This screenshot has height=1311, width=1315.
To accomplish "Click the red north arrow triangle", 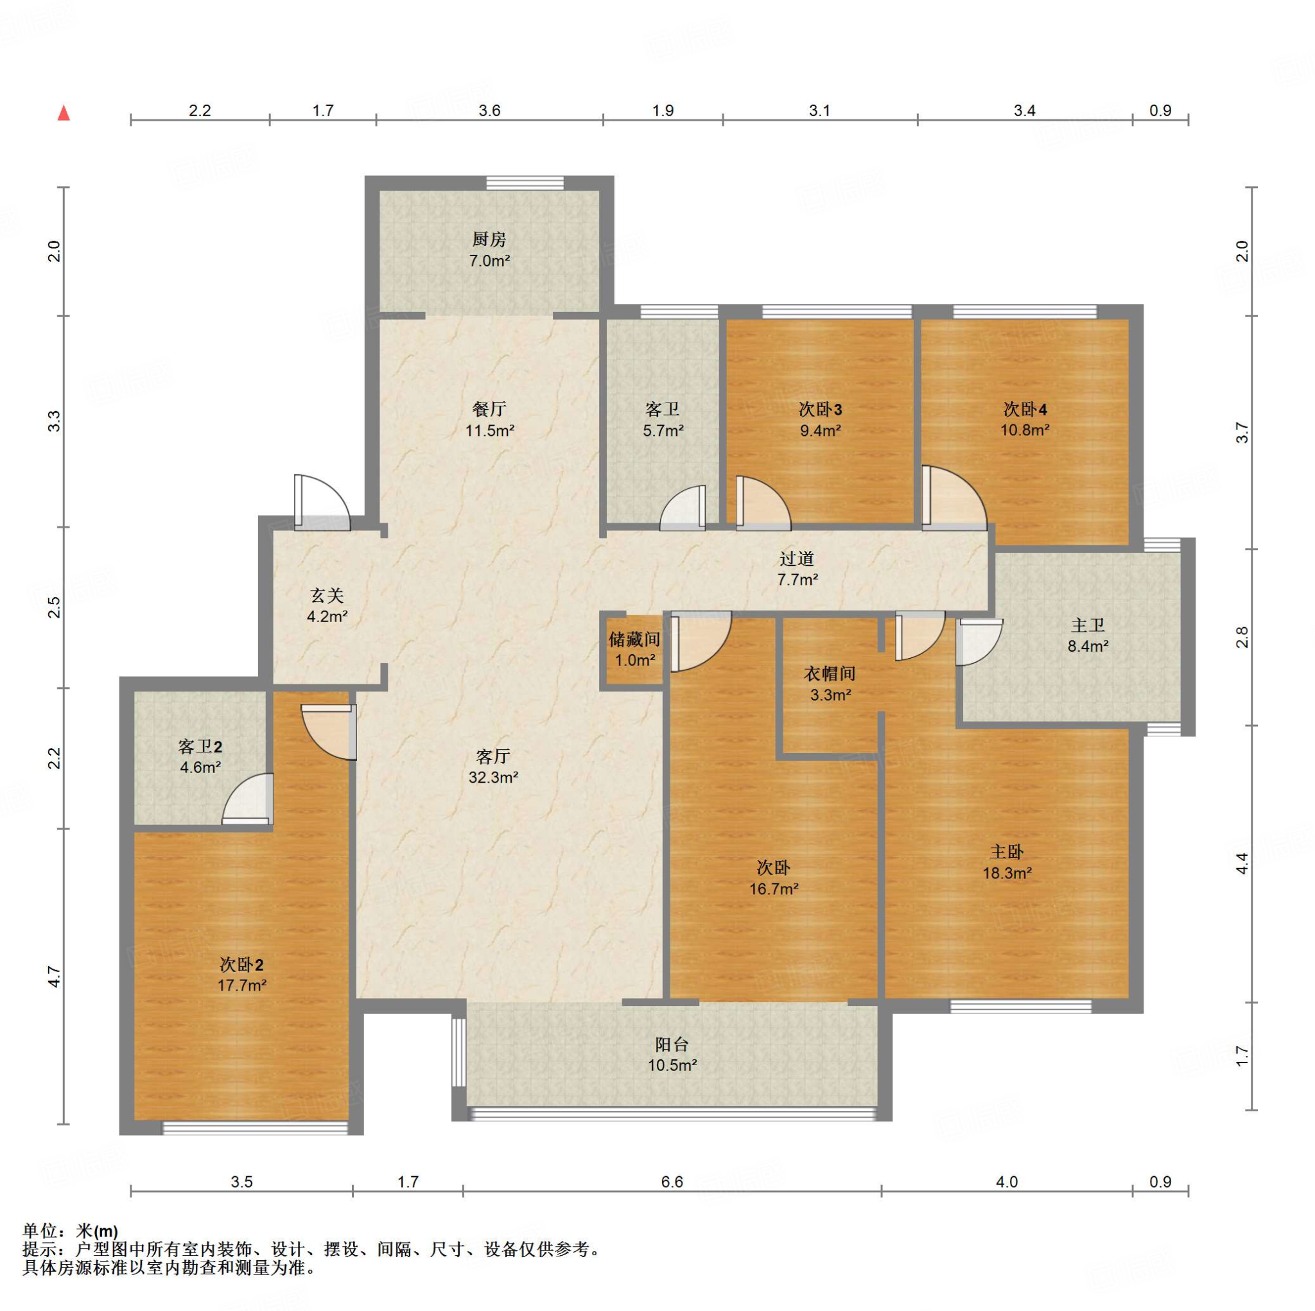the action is click(x=64, y=112).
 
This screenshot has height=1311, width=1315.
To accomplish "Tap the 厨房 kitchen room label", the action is click(x=489, y=239).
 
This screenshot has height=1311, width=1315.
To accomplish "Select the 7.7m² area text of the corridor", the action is click(x=797, y=579).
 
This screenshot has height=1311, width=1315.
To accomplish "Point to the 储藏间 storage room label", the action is click(x=634, y=639).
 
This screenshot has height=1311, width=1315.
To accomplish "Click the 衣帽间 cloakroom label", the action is click(x=830, y=674).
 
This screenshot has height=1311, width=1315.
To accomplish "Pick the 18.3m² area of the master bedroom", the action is click(x=1007, y=873).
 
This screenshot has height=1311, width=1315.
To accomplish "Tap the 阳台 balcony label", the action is click(x=672, y=1045).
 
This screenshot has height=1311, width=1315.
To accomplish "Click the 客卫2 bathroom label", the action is click(x=200, y=747).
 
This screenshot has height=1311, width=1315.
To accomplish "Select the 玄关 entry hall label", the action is click(x=327, y=596).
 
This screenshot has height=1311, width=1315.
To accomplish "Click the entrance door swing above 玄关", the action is click(x=322, y=502).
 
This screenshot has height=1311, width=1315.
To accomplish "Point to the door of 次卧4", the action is click(x=954, y=498).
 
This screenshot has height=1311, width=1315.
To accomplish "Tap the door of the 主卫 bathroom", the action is click(x=979, y=643).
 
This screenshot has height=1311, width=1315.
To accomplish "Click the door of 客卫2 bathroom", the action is click(x=248, y=799).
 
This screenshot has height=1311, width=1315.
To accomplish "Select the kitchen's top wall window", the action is click(x=525, y=183).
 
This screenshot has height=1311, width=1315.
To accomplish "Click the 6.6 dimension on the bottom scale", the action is click(x=672, y=1182).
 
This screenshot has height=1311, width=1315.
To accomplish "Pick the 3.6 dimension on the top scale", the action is click(x=489, y=110).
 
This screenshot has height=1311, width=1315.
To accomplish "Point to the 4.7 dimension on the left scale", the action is click(x=55, y=977).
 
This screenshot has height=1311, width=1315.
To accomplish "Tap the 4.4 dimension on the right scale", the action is click(x=1242, y=864).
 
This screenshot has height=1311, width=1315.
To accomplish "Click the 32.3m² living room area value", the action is click(x=494, y=777).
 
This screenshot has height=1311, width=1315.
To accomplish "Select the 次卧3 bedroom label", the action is click(x=820, y=409).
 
